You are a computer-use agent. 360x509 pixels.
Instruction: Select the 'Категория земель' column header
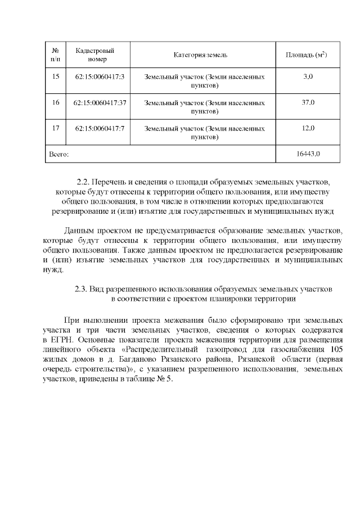click(200, 55)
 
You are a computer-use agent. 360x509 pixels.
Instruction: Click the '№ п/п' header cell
click(55, 55)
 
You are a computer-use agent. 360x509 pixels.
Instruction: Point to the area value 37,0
click(308, 102)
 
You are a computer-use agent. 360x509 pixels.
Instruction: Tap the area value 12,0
click(308, 128)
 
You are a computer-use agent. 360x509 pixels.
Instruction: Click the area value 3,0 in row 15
click(308, 76)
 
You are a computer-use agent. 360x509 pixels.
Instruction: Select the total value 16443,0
click(308, 154)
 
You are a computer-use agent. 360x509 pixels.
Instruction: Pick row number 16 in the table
click(55, 102)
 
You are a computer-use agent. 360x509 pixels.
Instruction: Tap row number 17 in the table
click(55, 128)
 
